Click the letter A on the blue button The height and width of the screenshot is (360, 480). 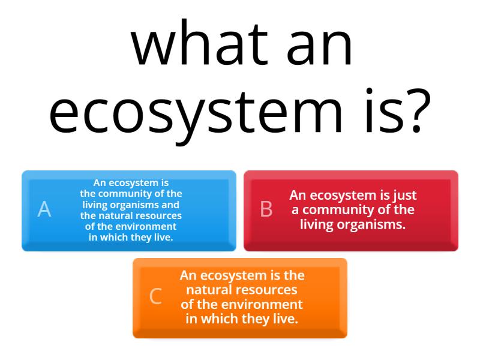[x=44, y=209]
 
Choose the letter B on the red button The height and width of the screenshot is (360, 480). [x=266, y=209]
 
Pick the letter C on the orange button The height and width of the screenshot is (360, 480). [x=155, y=296]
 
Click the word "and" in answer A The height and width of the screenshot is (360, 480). [x=170, y=205]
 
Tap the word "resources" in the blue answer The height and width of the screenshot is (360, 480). [x=158, y=215]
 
